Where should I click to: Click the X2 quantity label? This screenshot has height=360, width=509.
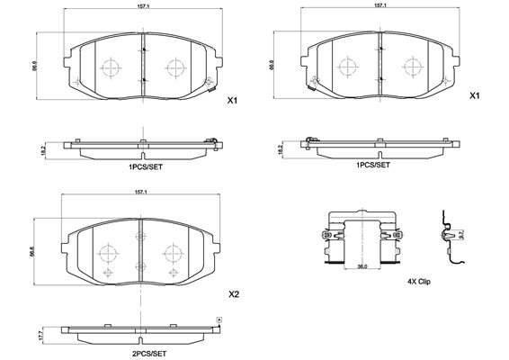tap(234, 294)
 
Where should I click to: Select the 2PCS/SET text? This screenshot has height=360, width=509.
tap(149, 354)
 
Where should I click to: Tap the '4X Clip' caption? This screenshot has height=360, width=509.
tap(419, 282)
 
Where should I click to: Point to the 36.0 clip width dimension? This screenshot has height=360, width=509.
tap(362, 266)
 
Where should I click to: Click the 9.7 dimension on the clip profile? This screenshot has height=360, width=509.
tap(461, 234)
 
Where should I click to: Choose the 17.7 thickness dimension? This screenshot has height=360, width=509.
tap(40, 336)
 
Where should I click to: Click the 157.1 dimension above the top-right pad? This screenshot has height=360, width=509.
tap(380, 5)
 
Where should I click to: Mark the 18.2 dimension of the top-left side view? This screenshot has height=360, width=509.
tap(43, 150)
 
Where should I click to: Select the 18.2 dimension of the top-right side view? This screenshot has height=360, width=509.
tap(281, 149)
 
